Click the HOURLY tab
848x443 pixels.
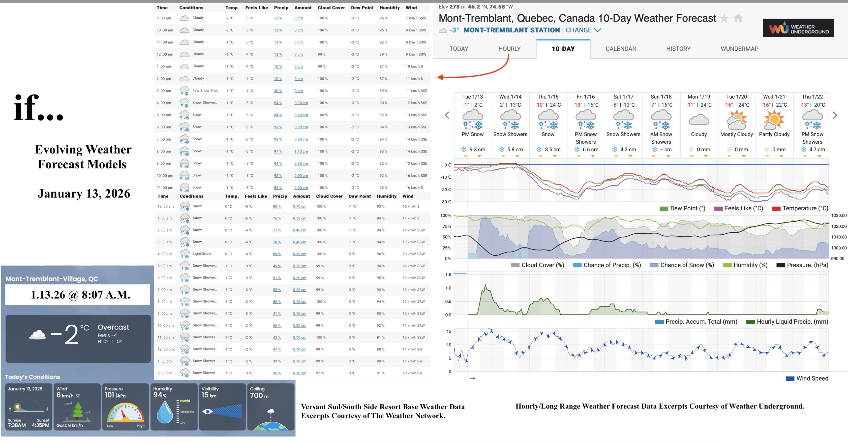click(509, 49)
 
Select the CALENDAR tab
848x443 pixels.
click(621, 49)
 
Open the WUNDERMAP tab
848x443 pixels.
click(739, 49)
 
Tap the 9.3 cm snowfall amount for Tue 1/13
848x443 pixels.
click(477, 150)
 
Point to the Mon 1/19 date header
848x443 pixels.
click(698, 96)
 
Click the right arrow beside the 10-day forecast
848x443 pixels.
click(835, 115)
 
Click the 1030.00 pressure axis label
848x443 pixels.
click(838, 215)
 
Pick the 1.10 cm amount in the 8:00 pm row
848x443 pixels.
click(301, 152)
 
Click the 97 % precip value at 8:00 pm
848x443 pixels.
click(278, 152)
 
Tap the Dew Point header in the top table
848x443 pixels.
click(362, 8)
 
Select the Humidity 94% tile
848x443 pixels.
click(174, 407)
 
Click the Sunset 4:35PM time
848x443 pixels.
click(40, 425)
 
